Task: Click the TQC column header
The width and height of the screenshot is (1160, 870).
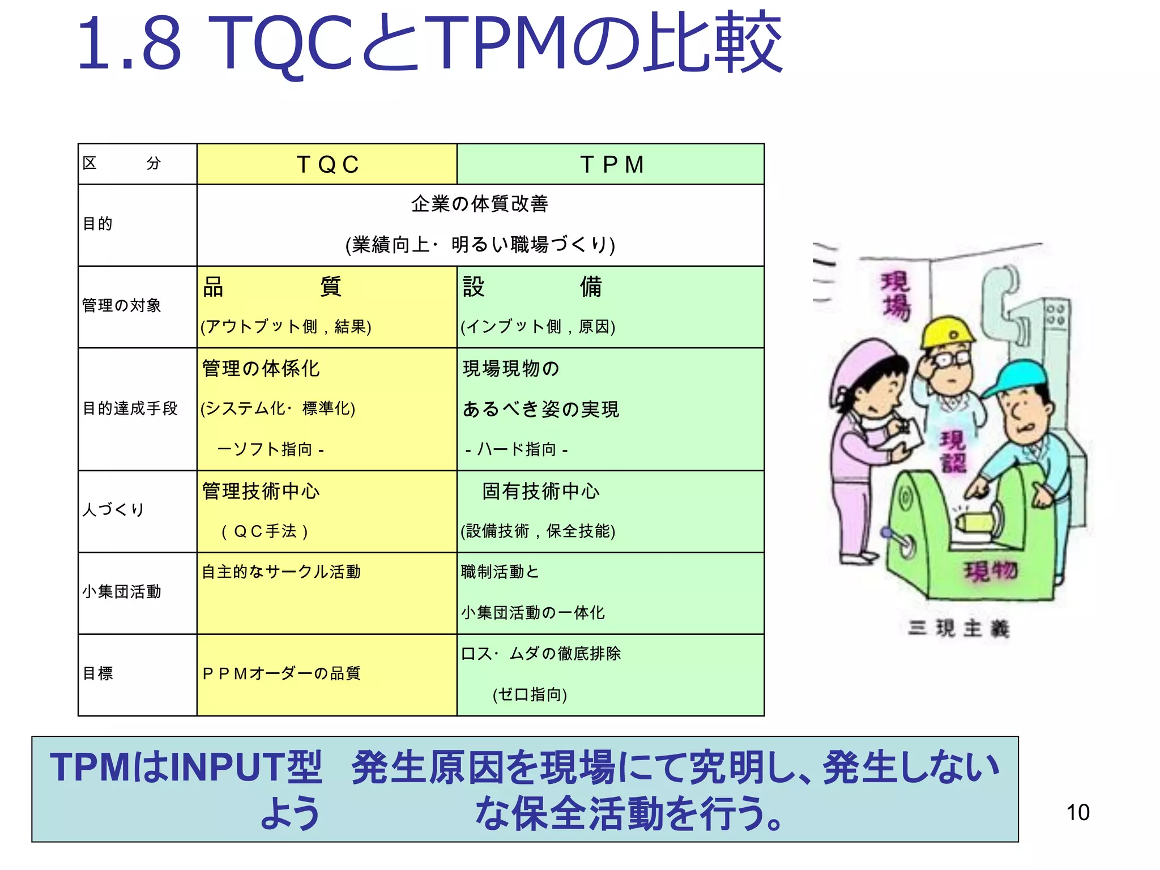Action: click(x=327, y=165)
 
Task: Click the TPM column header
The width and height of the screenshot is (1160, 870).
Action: click(x=611, y=165)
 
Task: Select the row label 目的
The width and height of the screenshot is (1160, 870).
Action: click(x=98, y=224)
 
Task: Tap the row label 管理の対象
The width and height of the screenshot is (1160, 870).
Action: click(x=122, y=306)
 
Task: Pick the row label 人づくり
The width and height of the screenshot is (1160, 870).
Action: click(x=113, y=509)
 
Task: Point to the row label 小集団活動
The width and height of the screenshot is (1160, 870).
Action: click(x=122, y=592)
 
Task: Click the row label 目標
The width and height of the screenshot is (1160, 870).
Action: click(x=98, y=673)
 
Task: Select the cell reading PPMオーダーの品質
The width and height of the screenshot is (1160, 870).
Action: click(x=282, y=673)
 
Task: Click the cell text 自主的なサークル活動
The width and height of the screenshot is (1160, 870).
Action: click(x=282, y=572)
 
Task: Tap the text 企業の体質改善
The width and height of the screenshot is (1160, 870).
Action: click(x=480, y=204)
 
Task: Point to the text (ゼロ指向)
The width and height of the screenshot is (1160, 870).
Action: click(x=530, y=694)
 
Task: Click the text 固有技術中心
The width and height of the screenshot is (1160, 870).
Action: click(x=541, y=491)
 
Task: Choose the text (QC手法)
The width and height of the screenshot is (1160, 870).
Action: click(x=265, y=531)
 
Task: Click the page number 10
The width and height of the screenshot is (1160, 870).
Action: click(x=1077, y=813)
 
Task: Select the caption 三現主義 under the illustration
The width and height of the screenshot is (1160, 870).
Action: click(x=958, y=629)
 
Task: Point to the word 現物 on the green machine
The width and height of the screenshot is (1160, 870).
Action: click(x=991, y=571)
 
